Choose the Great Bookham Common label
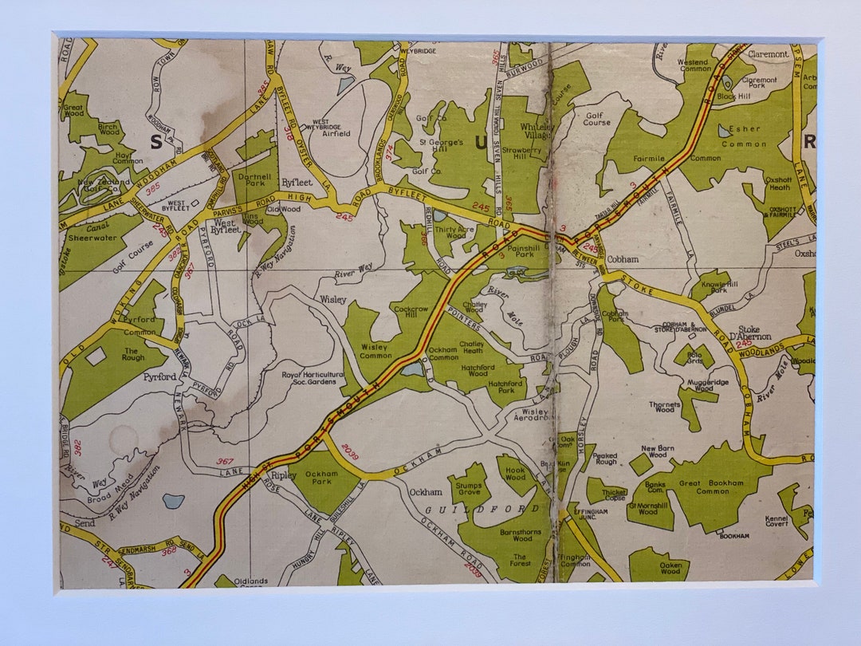pos(711,487)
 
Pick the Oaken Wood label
pos(670,567)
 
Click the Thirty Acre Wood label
pos(455,231)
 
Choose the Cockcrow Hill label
pos(412,312)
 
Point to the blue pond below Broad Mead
pos(173,502)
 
